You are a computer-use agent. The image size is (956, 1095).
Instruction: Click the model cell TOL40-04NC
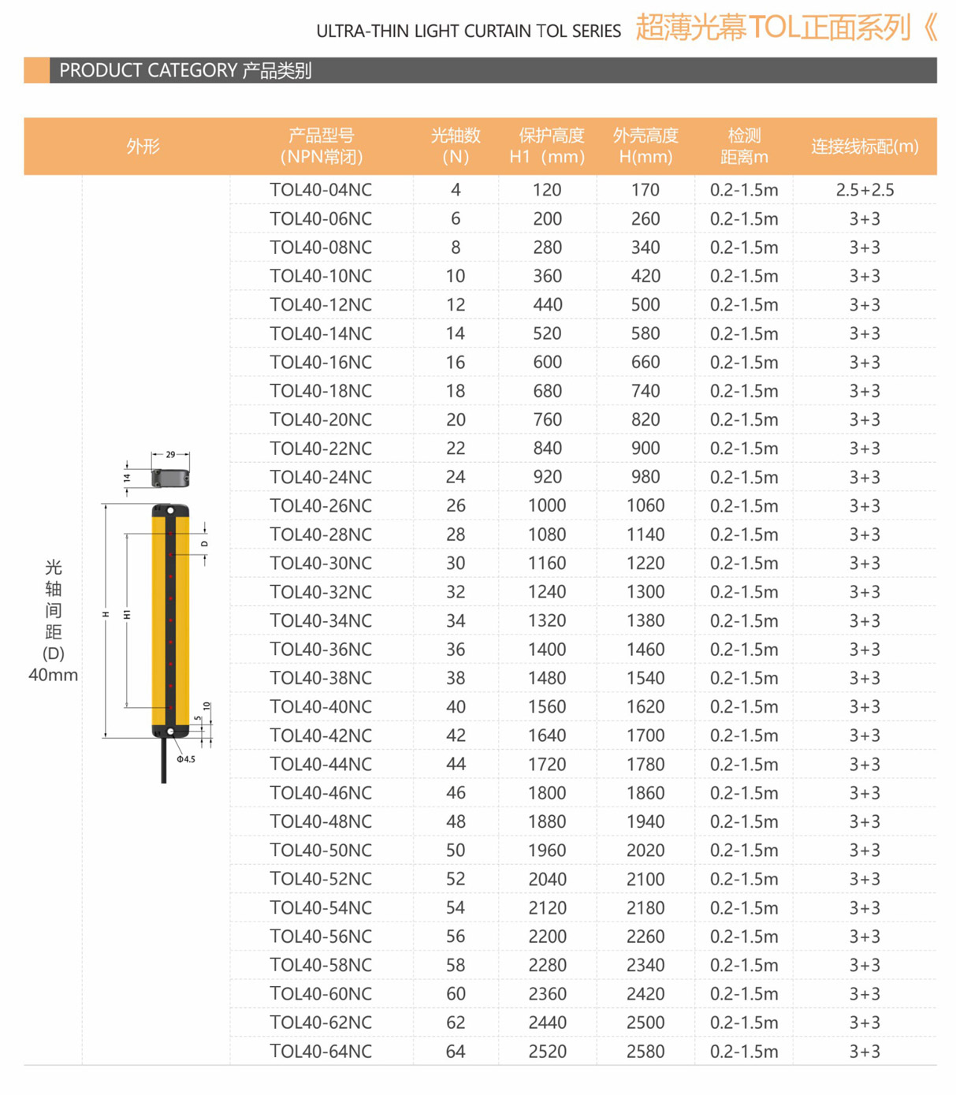[321, 190]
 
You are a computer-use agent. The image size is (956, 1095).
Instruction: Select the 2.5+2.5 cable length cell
[865, 190]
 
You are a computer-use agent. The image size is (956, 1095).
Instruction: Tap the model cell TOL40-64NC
[321, 1051]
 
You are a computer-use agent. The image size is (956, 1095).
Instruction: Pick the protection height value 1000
[547, 505]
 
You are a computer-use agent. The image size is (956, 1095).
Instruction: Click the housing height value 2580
[645, 1051]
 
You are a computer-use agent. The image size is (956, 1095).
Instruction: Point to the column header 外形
[143, 146]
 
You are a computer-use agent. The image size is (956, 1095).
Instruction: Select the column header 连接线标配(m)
[865, 146]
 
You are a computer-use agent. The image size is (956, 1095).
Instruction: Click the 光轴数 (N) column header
[456, 146]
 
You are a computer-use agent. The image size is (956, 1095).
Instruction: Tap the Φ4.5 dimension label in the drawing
[186, 759]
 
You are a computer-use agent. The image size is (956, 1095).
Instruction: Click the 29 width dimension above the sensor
[171, 455]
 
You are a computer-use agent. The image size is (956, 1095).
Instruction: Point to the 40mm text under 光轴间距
[53, 675]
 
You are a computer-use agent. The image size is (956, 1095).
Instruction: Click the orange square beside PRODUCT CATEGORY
[36, 70]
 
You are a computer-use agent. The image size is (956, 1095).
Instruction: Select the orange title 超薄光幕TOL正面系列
[772, 28]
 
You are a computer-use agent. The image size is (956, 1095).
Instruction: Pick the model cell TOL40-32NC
[321, 592]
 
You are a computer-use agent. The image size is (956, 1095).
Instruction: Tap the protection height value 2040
[547, 879]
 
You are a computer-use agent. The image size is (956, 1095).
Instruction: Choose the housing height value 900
[645, 449]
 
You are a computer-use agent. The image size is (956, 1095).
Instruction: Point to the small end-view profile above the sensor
[171, 478]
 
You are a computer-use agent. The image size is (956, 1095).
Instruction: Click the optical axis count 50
[456, 850]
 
